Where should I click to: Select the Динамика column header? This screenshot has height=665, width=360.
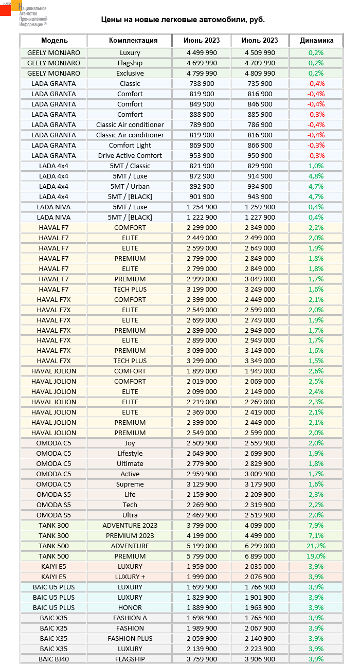point(316,40)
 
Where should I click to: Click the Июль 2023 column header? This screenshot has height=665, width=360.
point(260,40)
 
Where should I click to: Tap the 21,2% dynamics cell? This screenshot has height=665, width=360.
point(316,546)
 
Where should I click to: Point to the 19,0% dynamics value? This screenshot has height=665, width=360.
point(316,556)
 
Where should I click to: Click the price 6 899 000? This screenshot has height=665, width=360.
point(260,556)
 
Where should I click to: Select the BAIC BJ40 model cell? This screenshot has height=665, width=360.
point(53,659)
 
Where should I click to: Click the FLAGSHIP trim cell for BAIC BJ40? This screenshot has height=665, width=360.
point(130,659)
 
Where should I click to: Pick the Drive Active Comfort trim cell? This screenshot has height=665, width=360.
point(130,155)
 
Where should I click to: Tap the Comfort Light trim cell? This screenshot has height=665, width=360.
point(130,145)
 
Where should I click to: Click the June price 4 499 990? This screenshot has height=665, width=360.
point(202,52)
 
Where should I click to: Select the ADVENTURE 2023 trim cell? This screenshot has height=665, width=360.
point(130,525)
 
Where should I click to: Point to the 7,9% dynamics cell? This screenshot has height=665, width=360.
point(316,525)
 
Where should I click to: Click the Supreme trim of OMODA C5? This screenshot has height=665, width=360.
point(130,484)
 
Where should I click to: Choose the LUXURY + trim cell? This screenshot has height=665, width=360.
point(130,577)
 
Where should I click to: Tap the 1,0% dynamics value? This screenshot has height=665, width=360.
point(316,166)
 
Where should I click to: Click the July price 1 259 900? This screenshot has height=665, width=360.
point(260,207)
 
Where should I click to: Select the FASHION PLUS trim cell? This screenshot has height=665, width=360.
point(130,638)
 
